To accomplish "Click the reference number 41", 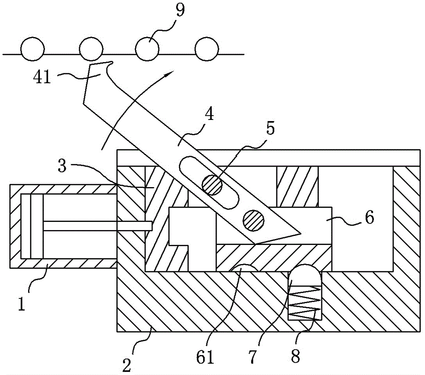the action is (42, 78).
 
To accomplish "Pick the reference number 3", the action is (62, 166).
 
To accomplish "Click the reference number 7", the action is (252, 356).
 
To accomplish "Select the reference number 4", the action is (209, 114).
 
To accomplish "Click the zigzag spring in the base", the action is (304, 301).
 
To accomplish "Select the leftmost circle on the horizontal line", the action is (33, 49).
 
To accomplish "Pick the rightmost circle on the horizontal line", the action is (207, 49).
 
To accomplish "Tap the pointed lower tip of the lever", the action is (300, 233).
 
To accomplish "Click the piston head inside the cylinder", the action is (32, 226).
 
